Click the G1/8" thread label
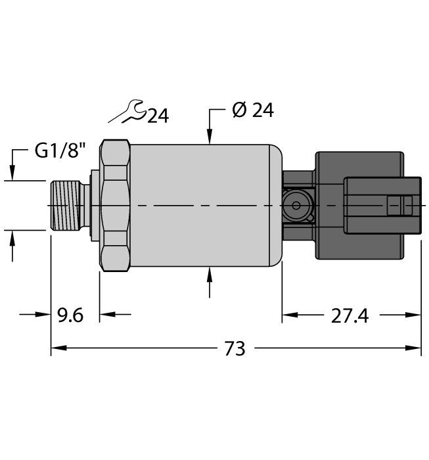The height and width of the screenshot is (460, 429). pyautogui.click(x=60, y=151)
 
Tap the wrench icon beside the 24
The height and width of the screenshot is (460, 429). pyautogui.click(x=127, y=112)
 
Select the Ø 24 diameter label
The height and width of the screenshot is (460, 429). pyautogui.click(x=253, y=110)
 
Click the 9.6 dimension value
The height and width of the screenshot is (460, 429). pyautogui.click(x=70, y=315)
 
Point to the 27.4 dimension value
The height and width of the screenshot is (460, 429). pyautogui.click(x=350, y=316)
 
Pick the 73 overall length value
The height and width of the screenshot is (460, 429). pyautogui.click(x=235, y=348)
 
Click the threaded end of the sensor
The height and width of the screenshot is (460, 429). pyautogui.click(x=66, y=205)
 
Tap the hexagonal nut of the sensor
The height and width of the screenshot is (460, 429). pyautogui.click(x=115, y=205)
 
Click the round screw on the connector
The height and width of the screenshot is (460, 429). pyautogui.click(x=296, y=205)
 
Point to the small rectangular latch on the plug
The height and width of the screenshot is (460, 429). pyautogui.click(x=399, y=205)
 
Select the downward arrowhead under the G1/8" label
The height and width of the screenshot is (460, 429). pyautogui.click(x=12, y=172)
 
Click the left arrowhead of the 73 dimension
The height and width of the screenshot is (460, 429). pyautogui.click(x=59, y=348)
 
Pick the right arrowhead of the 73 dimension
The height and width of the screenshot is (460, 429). pyautogui.click(x=413, y=348)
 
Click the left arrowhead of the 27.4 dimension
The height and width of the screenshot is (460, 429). pyautogui.click(x=290, y=315)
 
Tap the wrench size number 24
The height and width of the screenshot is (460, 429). pyautogui.click(x=158, y=116)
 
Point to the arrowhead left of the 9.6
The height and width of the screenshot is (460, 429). pyautogui.click(x=43, y=315)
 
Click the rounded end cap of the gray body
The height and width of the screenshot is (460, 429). pyautogui.click(x=276, y=205)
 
